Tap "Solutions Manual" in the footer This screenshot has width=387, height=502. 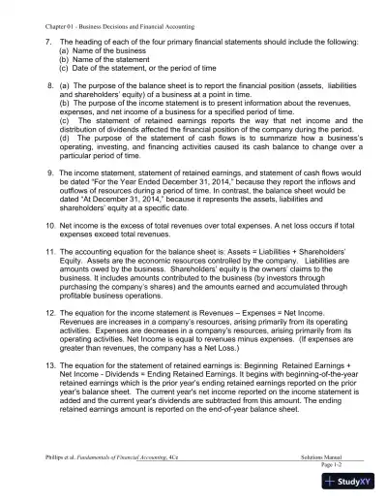click(x=325, y=454)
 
